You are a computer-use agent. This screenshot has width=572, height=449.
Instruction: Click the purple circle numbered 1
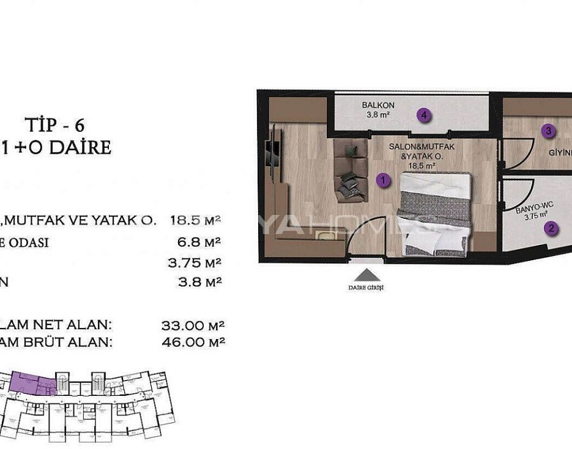pos(382,180)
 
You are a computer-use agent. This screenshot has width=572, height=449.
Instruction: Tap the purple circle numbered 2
pos(551,229)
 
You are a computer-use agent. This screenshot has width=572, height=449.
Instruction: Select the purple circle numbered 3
pos(549,130)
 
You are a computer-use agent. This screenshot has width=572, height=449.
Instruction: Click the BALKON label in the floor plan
pos(378,105)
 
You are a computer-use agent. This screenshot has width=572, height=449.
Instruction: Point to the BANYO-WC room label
pos(530,208)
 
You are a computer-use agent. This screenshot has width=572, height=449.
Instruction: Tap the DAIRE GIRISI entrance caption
pos(366,288)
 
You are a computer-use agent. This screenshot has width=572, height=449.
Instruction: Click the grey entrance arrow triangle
pos(366,275)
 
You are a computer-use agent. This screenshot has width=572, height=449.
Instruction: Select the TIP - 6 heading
pos(55,126)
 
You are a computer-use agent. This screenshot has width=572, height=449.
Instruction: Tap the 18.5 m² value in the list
pos(195,220)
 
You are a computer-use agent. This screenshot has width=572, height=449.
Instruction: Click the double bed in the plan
pos(435,214)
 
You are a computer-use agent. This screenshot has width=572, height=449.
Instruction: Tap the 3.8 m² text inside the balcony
pos(378,114)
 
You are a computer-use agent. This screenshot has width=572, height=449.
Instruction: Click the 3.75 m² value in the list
pos(194,263)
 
